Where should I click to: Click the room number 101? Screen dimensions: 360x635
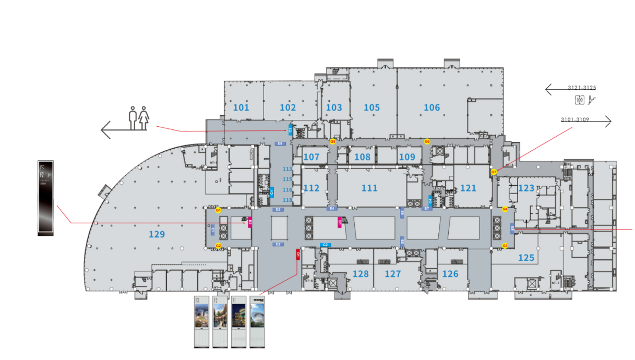coord(241,108)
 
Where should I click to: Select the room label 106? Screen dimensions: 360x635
coord(432,108)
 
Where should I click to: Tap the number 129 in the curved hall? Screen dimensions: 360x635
coord(157,235)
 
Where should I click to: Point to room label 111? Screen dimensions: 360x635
coord(369,188)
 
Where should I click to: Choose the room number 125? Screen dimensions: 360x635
coord(526,258)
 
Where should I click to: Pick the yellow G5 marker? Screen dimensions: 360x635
coord(332,141)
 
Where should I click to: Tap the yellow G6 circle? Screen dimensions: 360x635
coord(427,141)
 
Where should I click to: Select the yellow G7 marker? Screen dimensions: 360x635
coord(494,172)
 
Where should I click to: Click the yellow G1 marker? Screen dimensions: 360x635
coord(219,210)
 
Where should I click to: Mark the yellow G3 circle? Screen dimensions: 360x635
coord(505,246)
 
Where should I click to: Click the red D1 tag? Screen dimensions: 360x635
coord(298,254)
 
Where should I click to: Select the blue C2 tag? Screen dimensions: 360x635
coord(325,245)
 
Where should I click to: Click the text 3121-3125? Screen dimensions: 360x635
coord(582,88)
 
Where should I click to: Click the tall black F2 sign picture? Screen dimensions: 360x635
coord(45,198)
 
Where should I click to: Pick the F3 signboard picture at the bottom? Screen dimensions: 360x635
coord(202,322)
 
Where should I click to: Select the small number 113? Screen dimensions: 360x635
coord(287,169)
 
